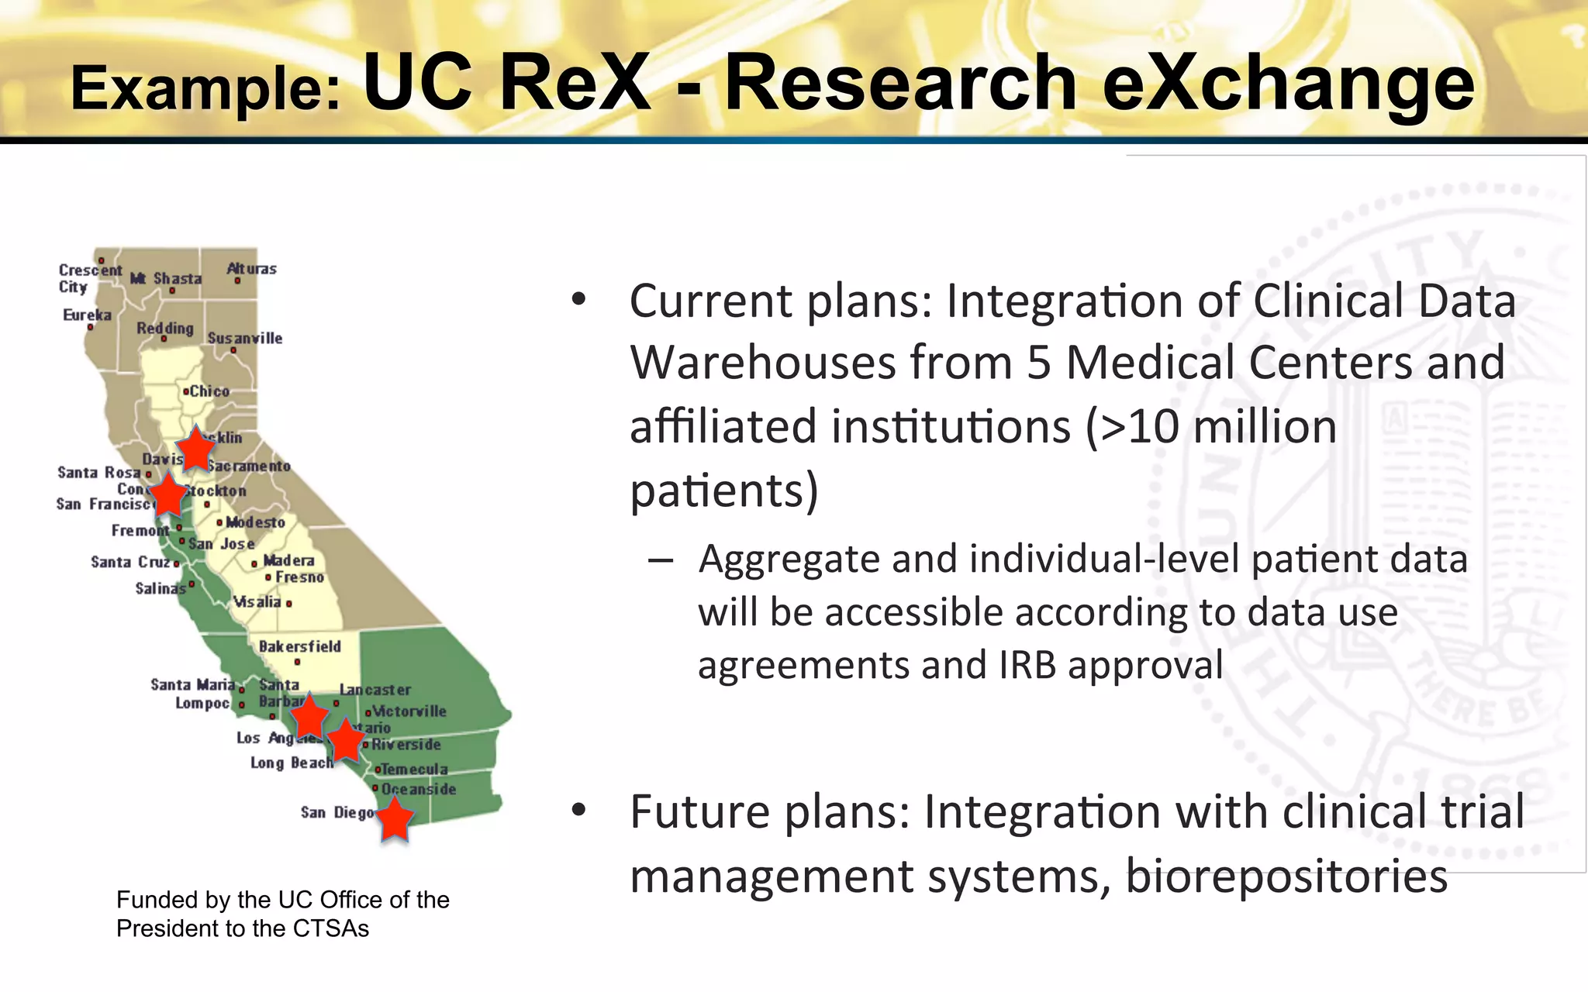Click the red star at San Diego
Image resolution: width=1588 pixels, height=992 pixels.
click(x=395, y=820)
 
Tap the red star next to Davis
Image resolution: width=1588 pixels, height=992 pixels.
click(x=195, y=449)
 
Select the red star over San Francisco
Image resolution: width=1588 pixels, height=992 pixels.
click(x=167, y=496)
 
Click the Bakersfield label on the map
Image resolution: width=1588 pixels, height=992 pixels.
click(x=299, y=646)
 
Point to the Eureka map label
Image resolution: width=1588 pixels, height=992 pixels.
click(x=87, y=315)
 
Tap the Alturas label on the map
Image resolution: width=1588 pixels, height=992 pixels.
click(x=251, y=269)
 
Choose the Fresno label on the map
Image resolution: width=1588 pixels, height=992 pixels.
click(x=299, y=577)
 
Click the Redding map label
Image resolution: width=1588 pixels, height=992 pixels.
click(x=165, y=328)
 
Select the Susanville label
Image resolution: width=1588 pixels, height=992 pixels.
click(x=245, y=338)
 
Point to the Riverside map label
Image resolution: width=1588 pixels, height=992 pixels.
click(x=406, y=744)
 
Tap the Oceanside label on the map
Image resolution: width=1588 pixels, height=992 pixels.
click(x=419, y=789)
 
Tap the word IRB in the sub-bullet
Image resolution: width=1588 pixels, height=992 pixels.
click(x=1027, y=665)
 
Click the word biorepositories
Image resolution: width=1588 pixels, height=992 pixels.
click(x=1286, y=876)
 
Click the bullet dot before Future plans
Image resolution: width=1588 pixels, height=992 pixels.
click(x=578, y=811)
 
